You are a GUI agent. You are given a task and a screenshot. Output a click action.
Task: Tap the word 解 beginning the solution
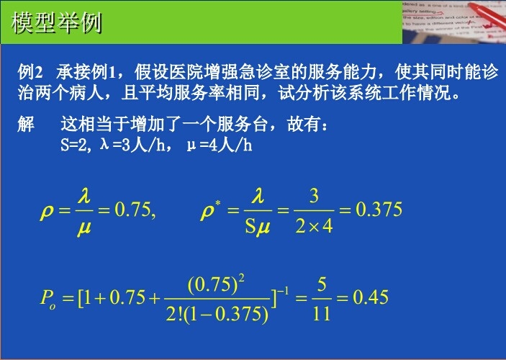27,125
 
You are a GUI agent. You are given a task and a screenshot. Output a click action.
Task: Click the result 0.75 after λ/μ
135,210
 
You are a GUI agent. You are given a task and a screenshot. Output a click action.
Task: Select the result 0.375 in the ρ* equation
379,210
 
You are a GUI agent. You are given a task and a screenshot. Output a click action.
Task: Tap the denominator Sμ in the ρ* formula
257,227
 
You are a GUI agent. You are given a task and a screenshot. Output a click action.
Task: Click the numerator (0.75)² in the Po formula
216,283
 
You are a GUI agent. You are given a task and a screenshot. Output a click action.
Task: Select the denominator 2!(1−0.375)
217,313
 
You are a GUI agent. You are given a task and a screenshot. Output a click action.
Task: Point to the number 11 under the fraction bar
322,313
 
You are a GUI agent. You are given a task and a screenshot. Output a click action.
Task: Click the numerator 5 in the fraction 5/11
322,283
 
